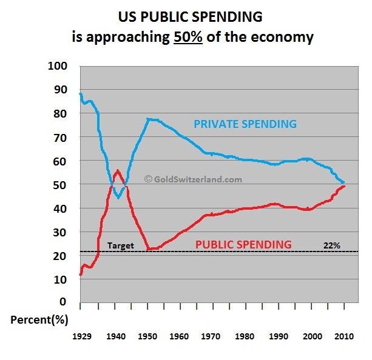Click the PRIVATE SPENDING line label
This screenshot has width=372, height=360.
[x=245, y=124]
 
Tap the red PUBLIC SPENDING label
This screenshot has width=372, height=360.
[x=243, y=244]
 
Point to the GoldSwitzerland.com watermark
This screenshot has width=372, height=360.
[x=192, y=179]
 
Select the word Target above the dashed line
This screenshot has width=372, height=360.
[x=120, y=246]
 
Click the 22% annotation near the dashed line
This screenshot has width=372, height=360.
[x=331, y=246]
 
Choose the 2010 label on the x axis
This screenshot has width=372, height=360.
[x=343, y=336]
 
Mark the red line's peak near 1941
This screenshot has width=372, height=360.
[x=117, y=170]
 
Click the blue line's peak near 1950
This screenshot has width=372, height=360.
[x=149, y=119]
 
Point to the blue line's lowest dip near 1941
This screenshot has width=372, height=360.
[x=118, y=198]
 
